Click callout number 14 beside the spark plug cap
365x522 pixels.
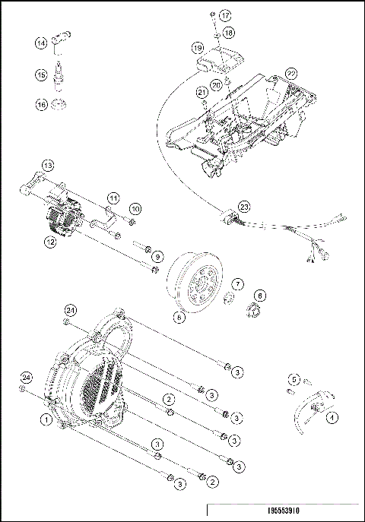40,44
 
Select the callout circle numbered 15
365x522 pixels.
40,74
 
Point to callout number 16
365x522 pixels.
40,105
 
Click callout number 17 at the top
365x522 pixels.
225,15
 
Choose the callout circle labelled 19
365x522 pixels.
198,48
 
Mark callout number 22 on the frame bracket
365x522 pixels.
291,73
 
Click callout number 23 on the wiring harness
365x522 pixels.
244,207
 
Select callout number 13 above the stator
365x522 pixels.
48,165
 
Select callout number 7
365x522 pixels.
237,283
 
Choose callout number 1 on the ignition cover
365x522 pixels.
47,418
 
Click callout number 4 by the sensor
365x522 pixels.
332,416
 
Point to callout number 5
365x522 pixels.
298,377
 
